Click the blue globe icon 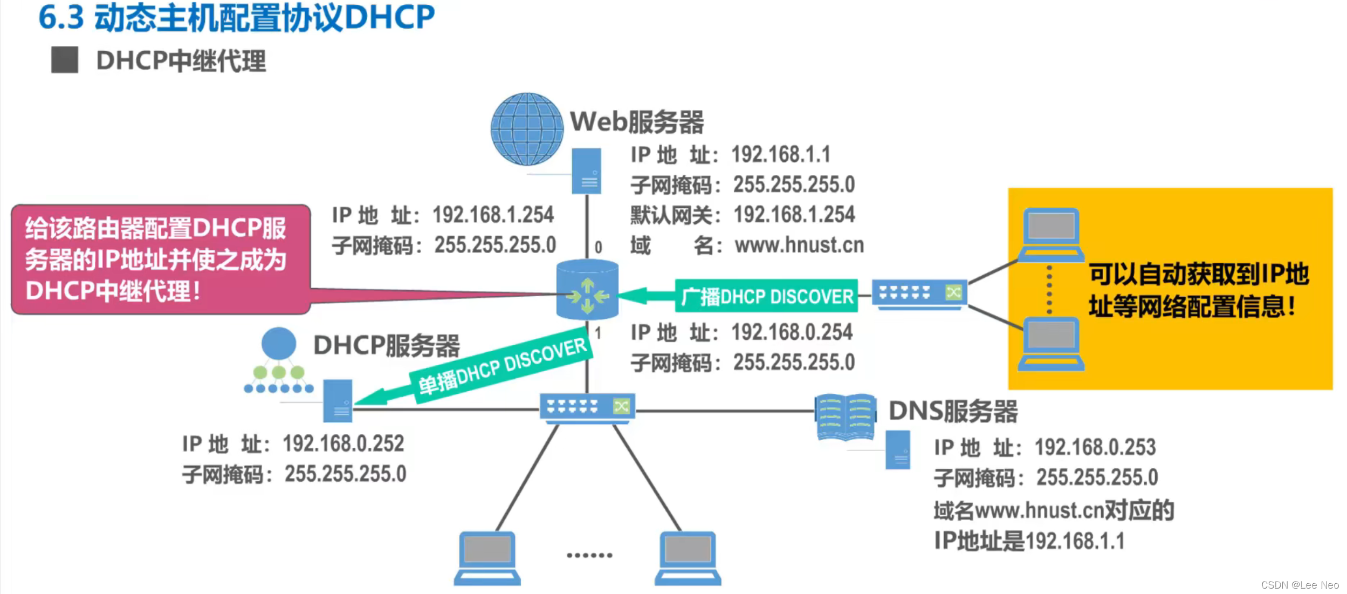point(526,129)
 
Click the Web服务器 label point(637,122)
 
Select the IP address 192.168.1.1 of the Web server point(780,155)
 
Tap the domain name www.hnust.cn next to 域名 point(799,245)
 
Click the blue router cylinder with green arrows point(587,290)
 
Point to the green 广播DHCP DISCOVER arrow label point(766,296)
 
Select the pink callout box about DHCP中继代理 point(161,260)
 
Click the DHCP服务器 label point(386,345)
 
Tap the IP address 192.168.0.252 point(343,444)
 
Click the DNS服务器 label point(953,411)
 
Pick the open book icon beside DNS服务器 point(845,417)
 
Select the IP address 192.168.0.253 point(1095,447)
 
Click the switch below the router point(587,407)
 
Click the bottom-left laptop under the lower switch point(487,557)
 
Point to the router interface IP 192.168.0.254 point(791,332)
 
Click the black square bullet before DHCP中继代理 point(65,60)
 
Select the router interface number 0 point(598,247)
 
